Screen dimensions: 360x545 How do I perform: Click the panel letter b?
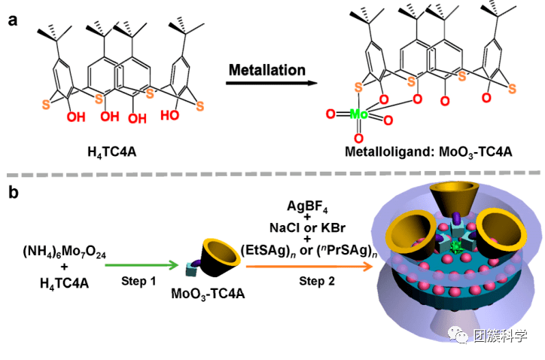coord(13,193)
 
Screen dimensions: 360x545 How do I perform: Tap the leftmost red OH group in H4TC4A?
coord(72,116)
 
